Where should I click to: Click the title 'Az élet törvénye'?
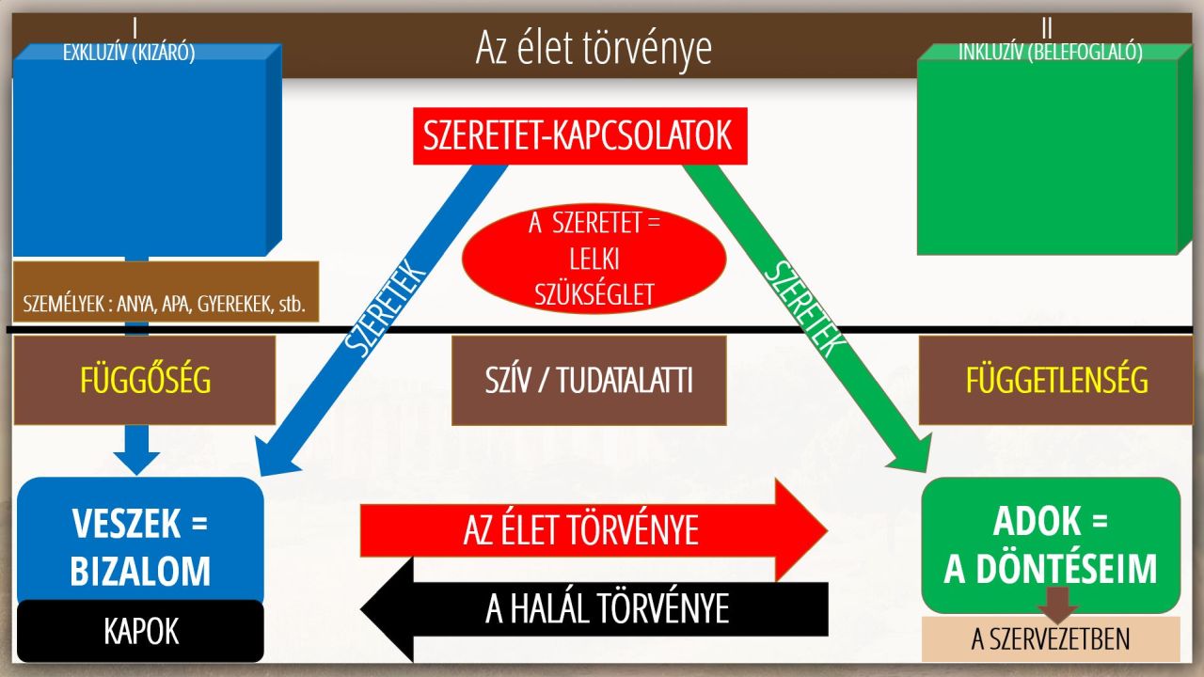[x=594, y=48]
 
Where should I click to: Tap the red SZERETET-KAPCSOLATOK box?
[x=580, y=136]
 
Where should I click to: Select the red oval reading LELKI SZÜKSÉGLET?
[x=594, y=259]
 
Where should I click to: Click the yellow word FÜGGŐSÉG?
[x=145, y=381]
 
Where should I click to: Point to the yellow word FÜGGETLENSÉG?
[x=1056, y=381]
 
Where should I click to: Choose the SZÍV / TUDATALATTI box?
[x=589, y=381]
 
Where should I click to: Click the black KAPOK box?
[x=140, y=631]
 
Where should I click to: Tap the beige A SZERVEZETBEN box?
[x=1051, y=638]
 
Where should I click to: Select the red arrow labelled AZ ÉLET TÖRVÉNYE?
[x=594, y=530]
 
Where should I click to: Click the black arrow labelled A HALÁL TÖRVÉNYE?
[x=594, y=609]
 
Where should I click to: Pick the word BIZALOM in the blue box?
[x=140, y=571]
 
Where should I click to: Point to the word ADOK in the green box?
[x=1037, y=521]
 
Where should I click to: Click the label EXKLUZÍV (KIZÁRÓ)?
[x=129, y=53]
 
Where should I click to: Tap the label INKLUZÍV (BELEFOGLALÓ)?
[x=1051, y=52]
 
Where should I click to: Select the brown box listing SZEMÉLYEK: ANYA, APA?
[x=166, y=291]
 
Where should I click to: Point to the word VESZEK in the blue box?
[x=126, y=524]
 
